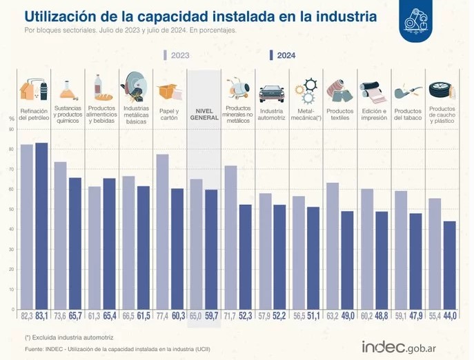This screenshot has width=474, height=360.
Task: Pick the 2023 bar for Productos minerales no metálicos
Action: [x=230, y=237]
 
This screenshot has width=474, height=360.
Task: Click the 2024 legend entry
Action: [x=283, y=56]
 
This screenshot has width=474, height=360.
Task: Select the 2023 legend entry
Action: [x=176, y=56]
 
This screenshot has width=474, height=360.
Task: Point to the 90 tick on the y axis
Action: [x=12, y=129]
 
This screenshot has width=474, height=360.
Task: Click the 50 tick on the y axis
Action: [x=12, y=210]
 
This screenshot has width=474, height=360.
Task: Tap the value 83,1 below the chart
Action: [x=42, y=317]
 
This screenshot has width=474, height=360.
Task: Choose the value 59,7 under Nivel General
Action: [x=211, y=317]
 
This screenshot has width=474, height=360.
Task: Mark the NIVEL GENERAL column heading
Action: [x=204, y=114]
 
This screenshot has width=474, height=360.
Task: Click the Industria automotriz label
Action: [x=272, y=114]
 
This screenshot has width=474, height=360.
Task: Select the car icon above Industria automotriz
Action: [x=271, y=92]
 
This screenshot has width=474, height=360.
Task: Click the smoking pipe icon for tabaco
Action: [x=407, y=92]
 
